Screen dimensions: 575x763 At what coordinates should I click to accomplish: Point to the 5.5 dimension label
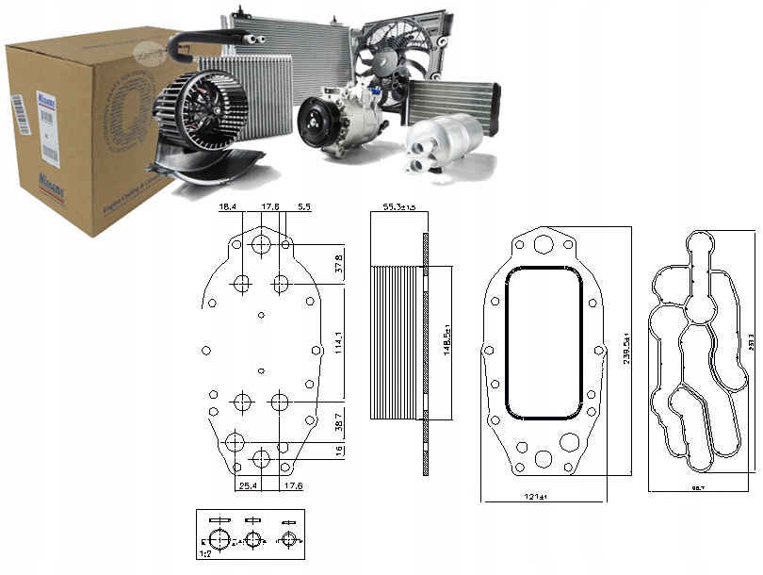(304, 205)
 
